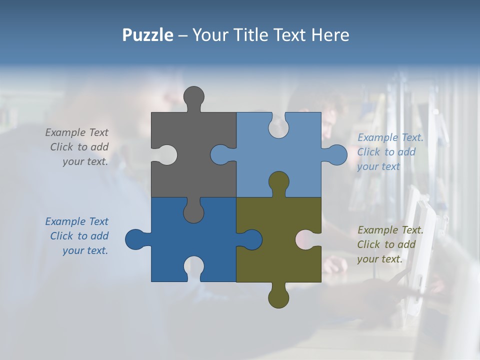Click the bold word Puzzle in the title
[147, 35]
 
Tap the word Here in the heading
[330, 35]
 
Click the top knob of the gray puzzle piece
[194, 97]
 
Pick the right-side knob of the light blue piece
[335, 155]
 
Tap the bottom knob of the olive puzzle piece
[278, 296]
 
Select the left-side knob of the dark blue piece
[136, 239]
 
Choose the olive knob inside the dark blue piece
[250, 239]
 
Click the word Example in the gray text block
[65, 132]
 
